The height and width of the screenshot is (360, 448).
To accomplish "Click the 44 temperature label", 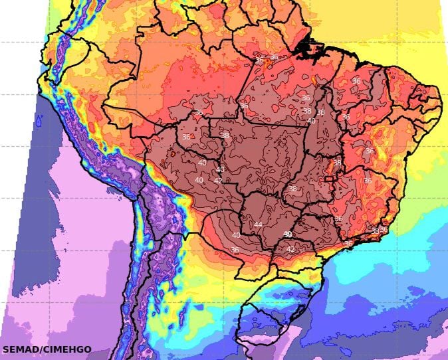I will (258, 225).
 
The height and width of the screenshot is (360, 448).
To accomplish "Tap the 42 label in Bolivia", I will (218, 181).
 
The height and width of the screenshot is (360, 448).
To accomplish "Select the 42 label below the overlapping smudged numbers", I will (290, 249).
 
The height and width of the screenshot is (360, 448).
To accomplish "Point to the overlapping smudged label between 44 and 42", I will (288, 234).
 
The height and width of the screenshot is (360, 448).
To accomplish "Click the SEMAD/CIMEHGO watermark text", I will (47, 349).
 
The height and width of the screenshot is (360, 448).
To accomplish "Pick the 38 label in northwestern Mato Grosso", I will (225, 135).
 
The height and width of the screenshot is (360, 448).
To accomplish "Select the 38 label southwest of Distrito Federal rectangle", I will (292, 189).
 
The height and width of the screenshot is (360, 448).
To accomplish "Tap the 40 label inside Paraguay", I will (236, 235).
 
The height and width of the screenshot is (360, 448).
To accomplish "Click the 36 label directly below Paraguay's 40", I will (234, 250).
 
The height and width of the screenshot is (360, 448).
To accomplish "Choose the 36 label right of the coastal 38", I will (384, 230).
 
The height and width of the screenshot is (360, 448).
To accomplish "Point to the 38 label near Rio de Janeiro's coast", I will (375, 231).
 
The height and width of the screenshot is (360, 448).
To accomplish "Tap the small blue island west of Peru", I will (39, 122).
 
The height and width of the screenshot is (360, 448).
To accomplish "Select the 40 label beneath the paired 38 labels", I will (311, 121).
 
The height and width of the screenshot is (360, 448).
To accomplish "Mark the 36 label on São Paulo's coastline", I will (348, 244).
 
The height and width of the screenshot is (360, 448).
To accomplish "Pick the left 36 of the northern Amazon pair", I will (259, 60).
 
